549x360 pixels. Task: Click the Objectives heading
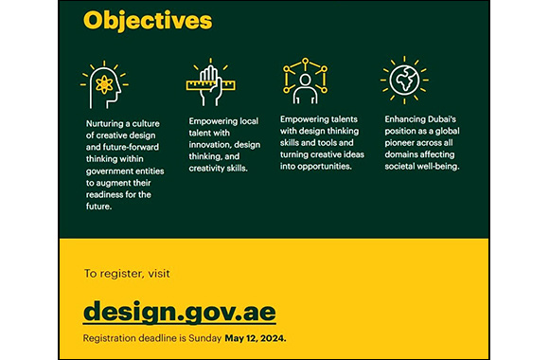(x=148, y=20)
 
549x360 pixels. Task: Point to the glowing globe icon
(x=403, y=81)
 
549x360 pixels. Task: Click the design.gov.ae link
(x=179, y=310)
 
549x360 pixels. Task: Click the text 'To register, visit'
(x=127, y=274)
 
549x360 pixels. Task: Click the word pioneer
(x=401, y=142)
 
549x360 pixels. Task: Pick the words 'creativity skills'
(x=219, y=168)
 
